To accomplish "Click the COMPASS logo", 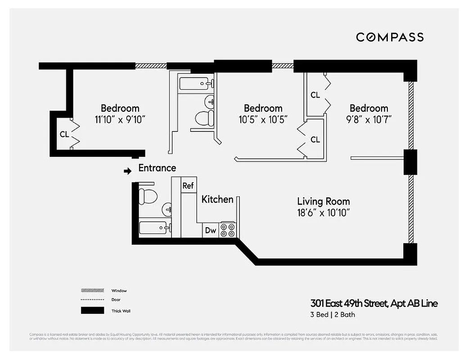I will click(x=390, y=37).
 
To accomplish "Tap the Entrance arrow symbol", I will click(x=128, y=171).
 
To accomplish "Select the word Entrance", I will click(x=157, y=168).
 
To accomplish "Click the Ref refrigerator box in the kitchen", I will click(x=188, y=185).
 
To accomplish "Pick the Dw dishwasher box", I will click(x=210, y=230).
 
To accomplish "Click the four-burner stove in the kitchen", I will click(x=227, y=230).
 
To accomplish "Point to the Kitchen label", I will click(x=217, y=199).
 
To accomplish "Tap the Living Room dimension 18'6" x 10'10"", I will click(x=323, y=212).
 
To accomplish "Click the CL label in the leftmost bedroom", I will click(x=64, y=134).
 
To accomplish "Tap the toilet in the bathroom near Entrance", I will click(x=148, y=195).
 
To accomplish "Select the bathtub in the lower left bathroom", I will click(x=154, y=228).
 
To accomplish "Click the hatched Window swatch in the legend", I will click(x=92, y=291).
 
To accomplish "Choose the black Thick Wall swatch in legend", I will click(x=92, y=310).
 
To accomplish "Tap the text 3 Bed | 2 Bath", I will click(x=333, y=315).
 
